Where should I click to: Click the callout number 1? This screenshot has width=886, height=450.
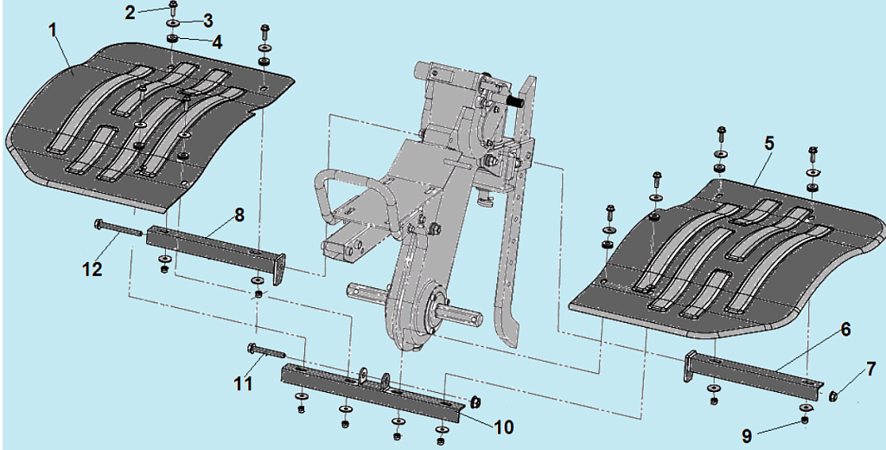tap(53, 29)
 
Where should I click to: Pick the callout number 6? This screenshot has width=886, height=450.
tap(845, 329)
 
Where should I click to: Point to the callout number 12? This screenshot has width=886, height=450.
tap(92, 268)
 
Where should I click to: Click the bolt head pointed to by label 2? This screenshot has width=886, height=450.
tap(173, 7)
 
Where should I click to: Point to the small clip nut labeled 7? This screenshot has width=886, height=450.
tap(833, 396)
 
